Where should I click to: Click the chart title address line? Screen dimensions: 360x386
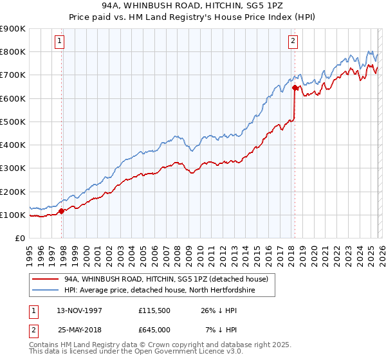tap(192, 6)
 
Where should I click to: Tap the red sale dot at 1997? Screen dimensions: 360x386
tap(62, 211)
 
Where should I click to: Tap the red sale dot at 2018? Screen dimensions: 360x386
tap(295, 87)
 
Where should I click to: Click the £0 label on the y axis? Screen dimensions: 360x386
tap(19, 238)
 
